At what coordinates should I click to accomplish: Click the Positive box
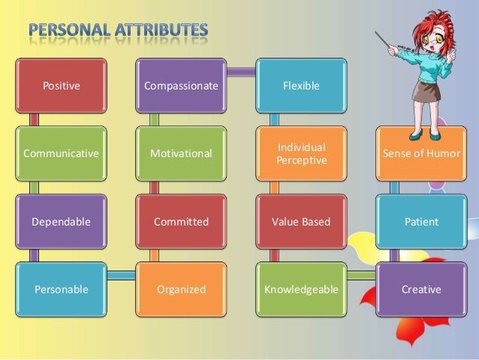point(62,86)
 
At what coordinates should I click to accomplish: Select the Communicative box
point(62,154)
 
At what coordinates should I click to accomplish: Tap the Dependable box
point(62,222)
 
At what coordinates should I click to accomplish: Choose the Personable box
point(62,289)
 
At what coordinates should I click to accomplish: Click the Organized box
point(181,289)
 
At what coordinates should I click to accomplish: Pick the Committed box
point(181,222)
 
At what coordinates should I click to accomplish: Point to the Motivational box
point(181,154)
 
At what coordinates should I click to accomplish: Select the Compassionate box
point(181,86)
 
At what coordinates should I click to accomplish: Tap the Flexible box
point(300,86)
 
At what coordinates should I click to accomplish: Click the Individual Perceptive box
point(300,154)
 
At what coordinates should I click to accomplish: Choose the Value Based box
point(300,222)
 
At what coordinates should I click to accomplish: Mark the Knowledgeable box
point(300,289)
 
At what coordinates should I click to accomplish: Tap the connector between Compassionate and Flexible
point(240,73)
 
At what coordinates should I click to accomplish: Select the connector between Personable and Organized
point(121,276)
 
